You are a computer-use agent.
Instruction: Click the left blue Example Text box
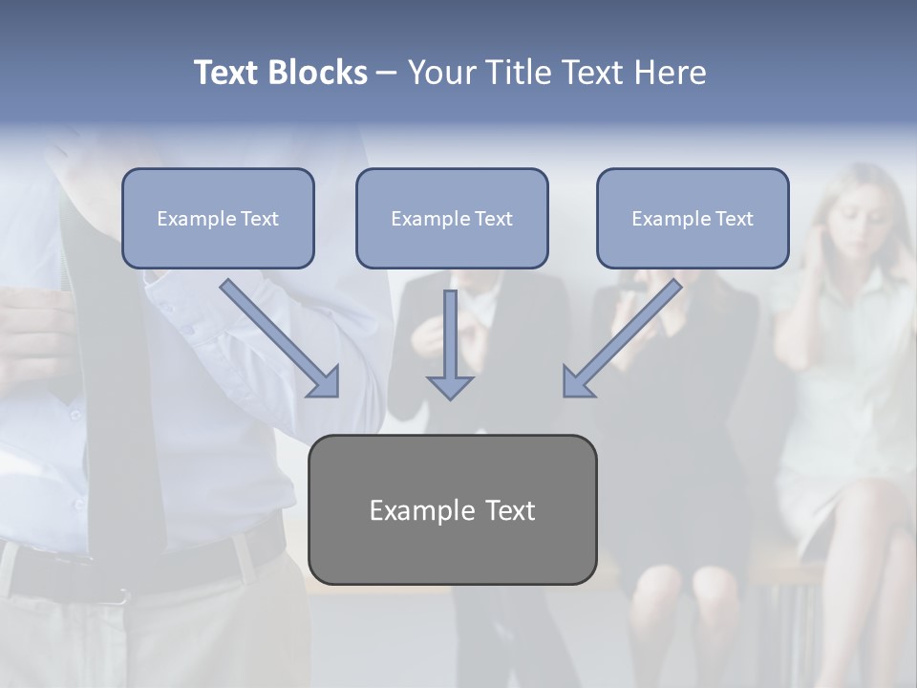pyautogui.click(x=218, y=218)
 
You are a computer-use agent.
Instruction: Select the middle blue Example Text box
pyautogui.click(x=452, y=218)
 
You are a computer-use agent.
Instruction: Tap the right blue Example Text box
pyautogui.click(x=693, y=218)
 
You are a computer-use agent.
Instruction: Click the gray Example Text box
pyautogui.click(x=452, y=509)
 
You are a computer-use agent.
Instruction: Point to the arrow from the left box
pyautogui.click(x=278, y=336)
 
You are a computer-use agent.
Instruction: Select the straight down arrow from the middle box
pyautogui.click(x=450, y=344)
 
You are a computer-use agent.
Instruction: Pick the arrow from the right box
pyautogui.click(x=623, y=336)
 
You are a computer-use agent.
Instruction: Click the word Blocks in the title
pyautogui.click(x=318, y=73)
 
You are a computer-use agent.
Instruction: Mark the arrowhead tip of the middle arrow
pyautogui.click(x=450, y=397)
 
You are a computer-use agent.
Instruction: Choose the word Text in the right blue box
pyautogui.click(x=734, y=219)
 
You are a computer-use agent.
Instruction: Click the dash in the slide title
pyautogui.click(x=387, y=73)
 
